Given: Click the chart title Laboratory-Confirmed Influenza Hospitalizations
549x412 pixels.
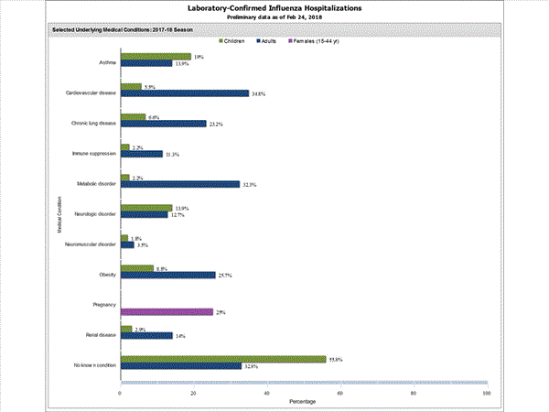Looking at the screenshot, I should pyautogui.click(x=274, y=7).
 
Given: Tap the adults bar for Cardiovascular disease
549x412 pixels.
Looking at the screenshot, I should pyautogui.click(x=184, y=93).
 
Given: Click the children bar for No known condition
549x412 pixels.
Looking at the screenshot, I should pyautogui.click(x=222, y=360).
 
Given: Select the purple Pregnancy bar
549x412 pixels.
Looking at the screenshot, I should pyautogui.click(x=166, y=312).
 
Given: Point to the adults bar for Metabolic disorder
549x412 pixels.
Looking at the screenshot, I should pyautogui.click(x=179, y=184).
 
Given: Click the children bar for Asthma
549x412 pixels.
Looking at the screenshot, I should pyautogui.click(x=155, y=57).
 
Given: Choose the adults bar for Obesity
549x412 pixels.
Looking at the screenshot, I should pyautogui.click(x=167, y=275).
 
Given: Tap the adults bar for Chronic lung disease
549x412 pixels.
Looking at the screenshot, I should pyautogui.click(x=163, y=124).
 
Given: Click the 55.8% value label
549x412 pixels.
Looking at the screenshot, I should pyautogui.click(x=336, y=359).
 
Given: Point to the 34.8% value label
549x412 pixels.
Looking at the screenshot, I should pyautogui.click(x=259, y=93).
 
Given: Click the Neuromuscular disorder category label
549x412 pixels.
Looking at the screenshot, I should pyautogui.click(x=91, y=244).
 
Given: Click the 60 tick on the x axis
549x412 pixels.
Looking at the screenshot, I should pyautogui.click(x=339, y=394).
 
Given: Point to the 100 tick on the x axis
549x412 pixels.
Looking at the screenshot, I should pyautogui.click(x=486, y=394).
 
